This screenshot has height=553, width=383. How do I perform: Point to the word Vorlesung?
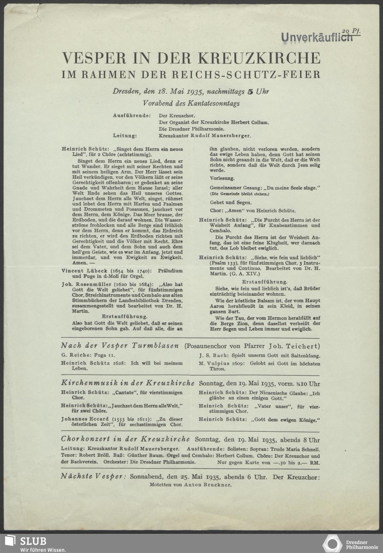tap(222, 178)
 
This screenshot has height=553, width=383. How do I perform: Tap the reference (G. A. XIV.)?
tap(247, 274)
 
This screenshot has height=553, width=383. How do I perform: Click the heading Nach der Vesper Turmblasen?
tap(120, 346)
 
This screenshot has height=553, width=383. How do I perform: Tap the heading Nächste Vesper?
tap(93, 476)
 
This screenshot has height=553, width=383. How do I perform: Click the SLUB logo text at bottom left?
tap(33, 541)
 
